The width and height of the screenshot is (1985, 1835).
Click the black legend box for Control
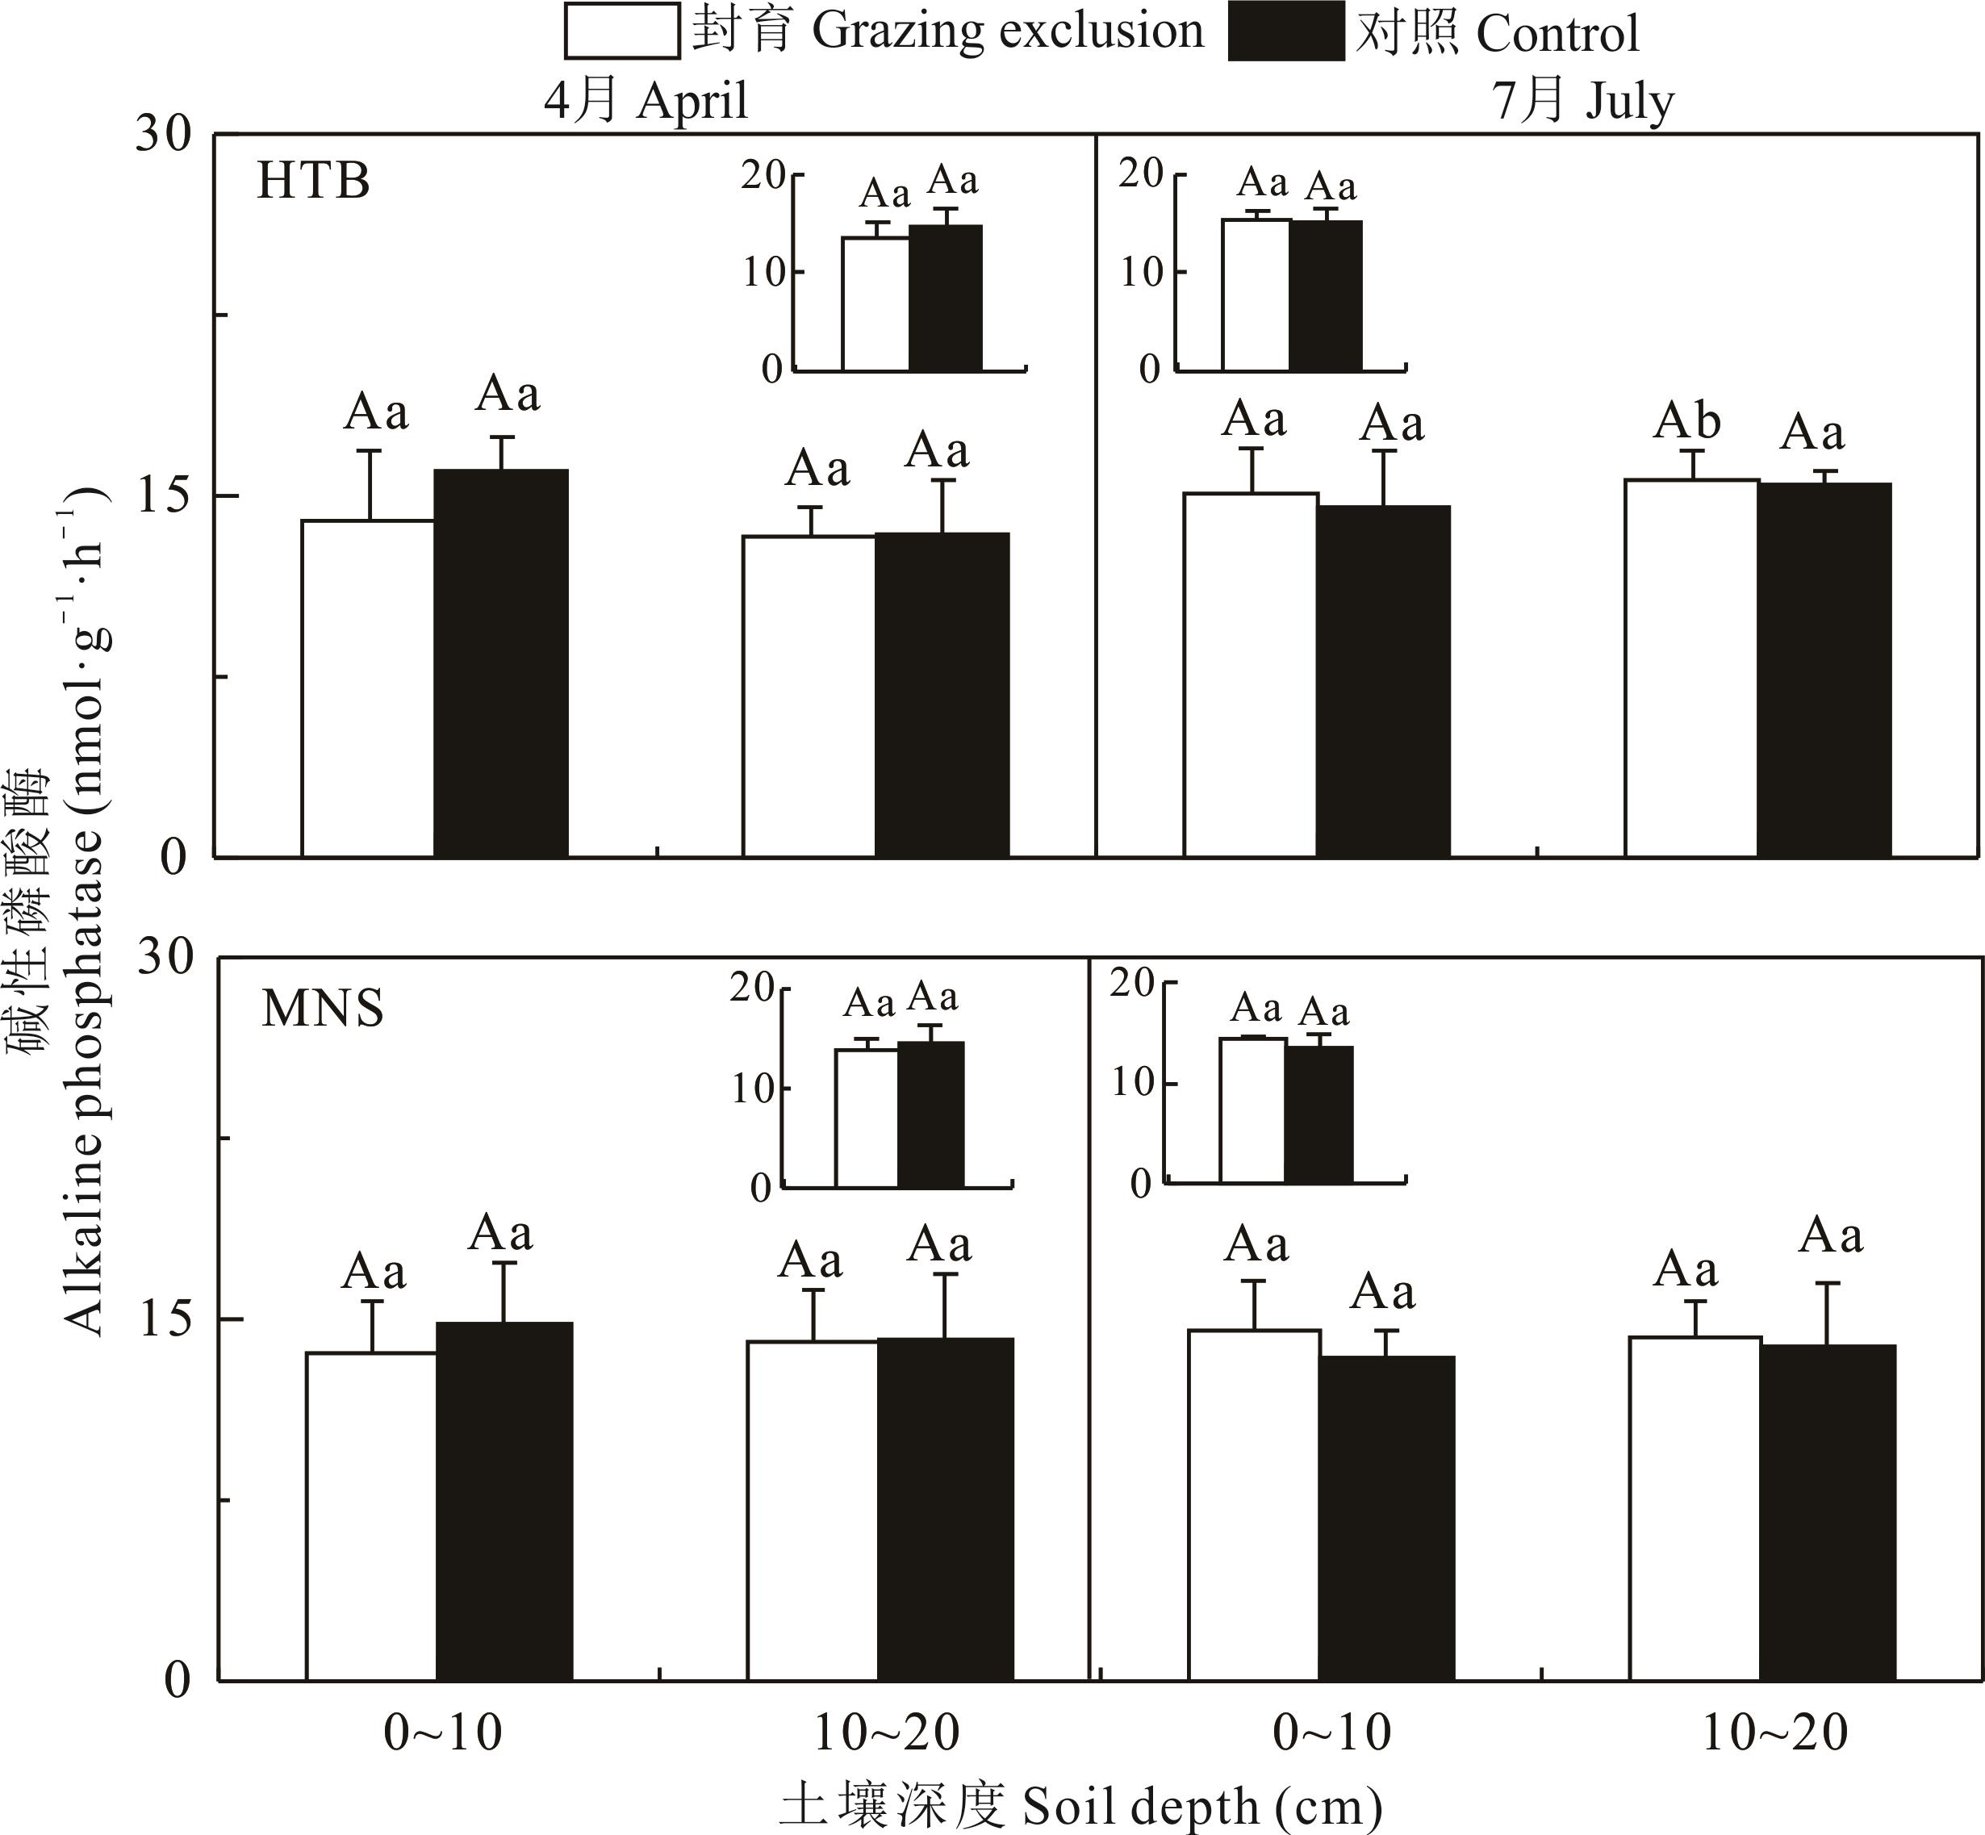pos(1286,31)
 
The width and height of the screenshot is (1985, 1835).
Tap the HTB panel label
pos(313,182)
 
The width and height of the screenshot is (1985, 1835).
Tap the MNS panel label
pos(322,1009)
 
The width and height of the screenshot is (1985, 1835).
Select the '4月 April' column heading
pos(646,100)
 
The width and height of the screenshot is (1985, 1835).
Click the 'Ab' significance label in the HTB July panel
pos(1686,421)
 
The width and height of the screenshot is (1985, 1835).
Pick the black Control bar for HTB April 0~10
pos(501,663)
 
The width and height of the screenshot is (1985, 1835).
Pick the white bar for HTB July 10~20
pos(1691,668)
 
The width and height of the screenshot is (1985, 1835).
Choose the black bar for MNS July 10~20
pos(1827,1512)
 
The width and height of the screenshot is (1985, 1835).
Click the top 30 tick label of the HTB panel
pos(163,133)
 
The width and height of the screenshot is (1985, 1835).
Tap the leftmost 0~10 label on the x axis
pos(443,1733)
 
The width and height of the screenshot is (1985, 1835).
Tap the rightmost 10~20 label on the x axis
pos(1774,1733)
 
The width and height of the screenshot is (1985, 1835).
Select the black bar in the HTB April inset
pos(946,298)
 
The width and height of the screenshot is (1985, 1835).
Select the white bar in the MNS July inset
pos(1252,1110)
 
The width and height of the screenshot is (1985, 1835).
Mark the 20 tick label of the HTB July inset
pos(1141,173)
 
